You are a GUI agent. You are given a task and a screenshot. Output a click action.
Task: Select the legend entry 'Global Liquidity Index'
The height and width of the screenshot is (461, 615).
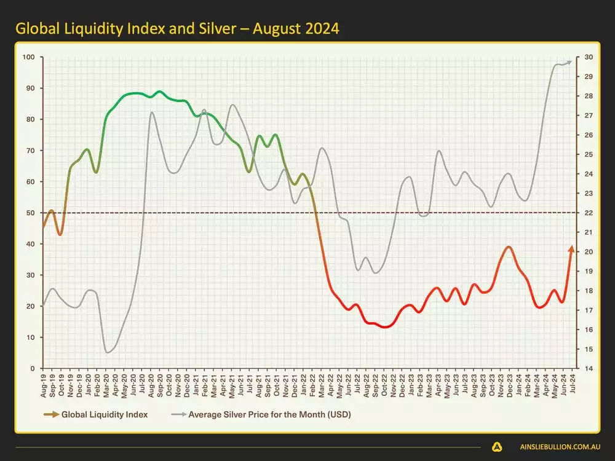[105, 414]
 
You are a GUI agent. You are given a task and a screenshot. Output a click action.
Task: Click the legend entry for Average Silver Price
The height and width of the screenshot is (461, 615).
[269, 414]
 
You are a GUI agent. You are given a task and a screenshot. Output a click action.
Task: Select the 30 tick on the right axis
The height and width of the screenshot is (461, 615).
[588, 57]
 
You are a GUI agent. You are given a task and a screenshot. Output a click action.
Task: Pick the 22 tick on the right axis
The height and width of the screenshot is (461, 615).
[588, 213]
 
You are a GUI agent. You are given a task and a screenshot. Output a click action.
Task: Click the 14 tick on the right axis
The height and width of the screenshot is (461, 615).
[588, 368]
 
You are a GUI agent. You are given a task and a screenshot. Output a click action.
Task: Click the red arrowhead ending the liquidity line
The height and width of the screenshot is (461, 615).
[571, 248]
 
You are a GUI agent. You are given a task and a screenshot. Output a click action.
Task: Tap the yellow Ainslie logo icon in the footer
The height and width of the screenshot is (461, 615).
[497, 447]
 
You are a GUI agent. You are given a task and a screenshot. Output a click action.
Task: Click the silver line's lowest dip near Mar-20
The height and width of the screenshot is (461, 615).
[108, 352]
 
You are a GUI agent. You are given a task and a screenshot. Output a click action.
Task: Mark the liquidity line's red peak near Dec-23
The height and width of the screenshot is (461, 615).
[508, 246]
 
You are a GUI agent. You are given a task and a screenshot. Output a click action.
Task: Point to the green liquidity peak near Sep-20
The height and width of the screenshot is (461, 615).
[160, 92]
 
